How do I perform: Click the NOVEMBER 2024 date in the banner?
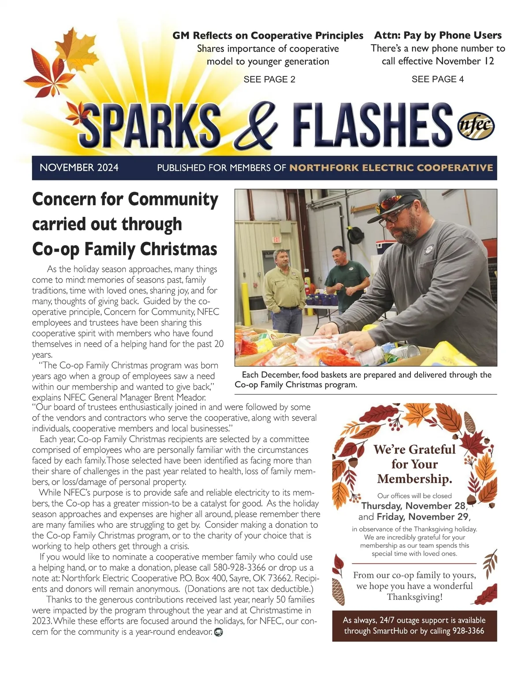(79, 168)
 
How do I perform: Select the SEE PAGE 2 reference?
(269, 79)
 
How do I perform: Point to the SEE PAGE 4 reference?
(437, 79)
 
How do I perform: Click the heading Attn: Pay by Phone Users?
(438, 35)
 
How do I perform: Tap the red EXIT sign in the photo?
(276, 240)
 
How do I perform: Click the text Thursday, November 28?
(413, 506)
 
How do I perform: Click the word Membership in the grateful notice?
(414, 479)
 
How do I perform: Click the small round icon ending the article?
(218, 633)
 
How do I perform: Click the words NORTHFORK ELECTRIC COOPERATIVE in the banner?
(391, 168)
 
